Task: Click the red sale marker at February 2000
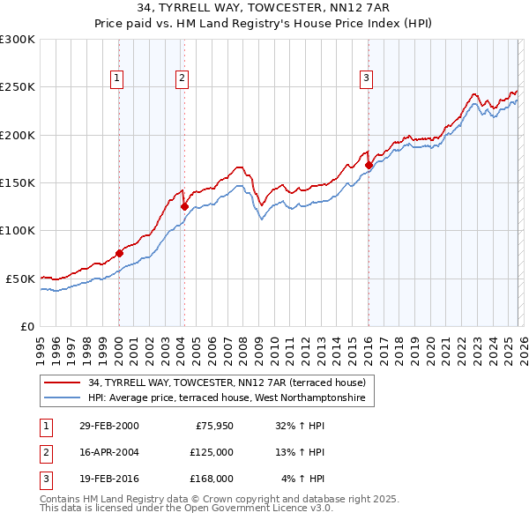[x=119, y=253]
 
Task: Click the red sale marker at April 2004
[x=184, y=206]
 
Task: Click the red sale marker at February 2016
[x=368, y=165]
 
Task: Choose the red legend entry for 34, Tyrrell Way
[x=231, y=383]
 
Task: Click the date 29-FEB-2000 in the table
[x=108, y=426]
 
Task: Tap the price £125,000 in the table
[x=211, y=452]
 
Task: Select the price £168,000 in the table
[x=211, y=479]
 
